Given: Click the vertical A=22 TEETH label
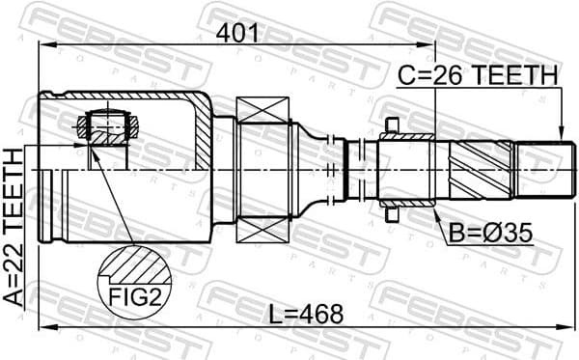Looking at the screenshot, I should coord(14,228).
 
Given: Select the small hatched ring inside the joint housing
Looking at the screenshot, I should coord(108,125).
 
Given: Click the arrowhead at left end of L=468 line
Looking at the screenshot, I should coord(42,329).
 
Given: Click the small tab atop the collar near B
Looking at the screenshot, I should coord(392,124).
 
